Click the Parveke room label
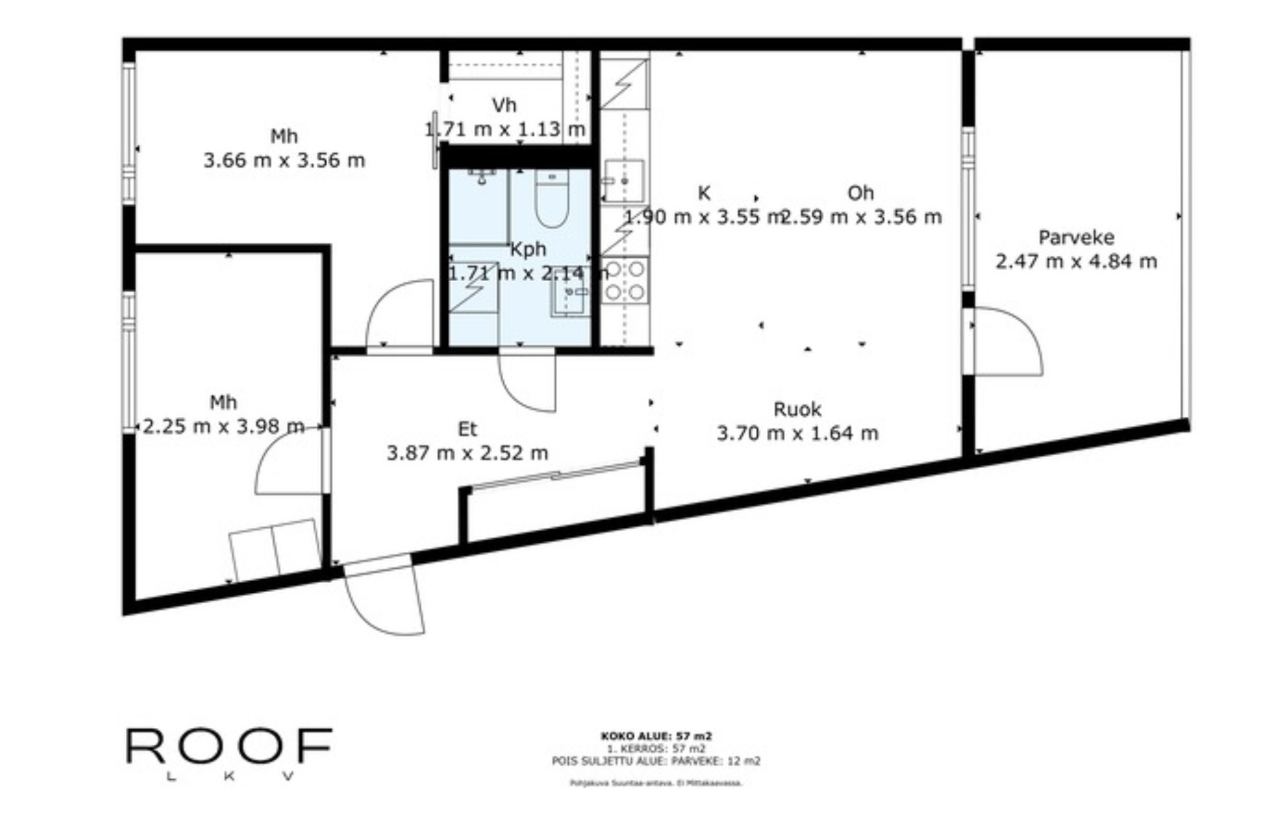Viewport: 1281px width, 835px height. point(1075,237)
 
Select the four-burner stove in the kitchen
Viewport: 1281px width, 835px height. point(625,280)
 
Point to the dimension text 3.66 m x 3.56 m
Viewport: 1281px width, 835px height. point(284,161)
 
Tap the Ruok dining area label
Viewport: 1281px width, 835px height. point(797,409)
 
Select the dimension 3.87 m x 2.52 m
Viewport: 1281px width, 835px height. point(467,453)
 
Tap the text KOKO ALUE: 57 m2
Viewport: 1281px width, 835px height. point(656,735)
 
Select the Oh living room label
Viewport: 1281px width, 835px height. point(860,192)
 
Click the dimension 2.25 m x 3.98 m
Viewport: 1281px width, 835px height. point(223,427)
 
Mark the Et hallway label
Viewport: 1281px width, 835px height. point(467,429)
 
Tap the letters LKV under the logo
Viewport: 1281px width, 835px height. point(230,776)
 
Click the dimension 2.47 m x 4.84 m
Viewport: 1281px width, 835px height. point(1075,262)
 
